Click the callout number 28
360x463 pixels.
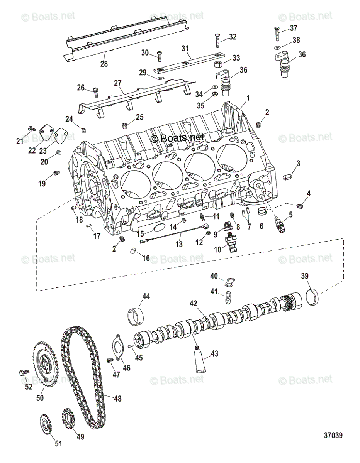click(104, 64)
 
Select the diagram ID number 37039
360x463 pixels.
click(333, 435)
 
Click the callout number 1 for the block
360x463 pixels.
click(248, 98)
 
